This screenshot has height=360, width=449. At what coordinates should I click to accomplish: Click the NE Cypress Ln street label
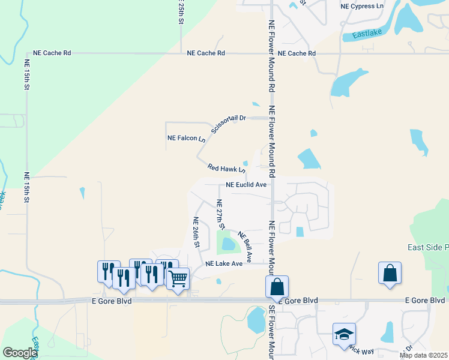pyautogui.click(x=361, y=6)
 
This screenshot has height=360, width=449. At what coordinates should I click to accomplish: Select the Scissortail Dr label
pyautogui.click(x=229, y=124)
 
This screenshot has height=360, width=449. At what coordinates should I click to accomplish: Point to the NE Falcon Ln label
pyautogui.click(x=186, y=138)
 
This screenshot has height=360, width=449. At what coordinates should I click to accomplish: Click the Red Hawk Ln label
pyautogui.click(x=226, y=169)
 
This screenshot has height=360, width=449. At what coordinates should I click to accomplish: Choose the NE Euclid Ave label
pyautogui.click(x=246, y=185)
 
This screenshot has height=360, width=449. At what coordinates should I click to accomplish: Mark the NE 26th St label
pyautogui.click(x=196, y=233)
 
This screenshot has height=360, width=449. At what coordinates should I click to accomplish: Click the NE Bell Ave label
pyautogui.click(x=244, y=247)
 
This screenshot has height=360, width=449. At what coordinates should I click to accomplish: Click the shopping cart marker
pyautogui.click(x=178, y=279)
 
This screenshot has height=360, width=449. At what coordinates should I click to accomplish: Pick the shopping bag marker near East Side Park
pyautogui.click(x=390, y=273)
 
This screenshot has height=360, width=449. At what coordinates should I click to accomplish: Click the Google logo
pyautogui.click(x=20, y=353)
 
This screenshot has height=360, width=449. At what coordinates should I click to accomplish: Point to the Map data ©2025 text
pyautogui.click(x=423, y=355)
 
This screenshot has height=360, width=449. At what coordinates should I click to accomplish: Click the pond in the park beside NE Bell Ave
pyautogui.click(x=228, y=244)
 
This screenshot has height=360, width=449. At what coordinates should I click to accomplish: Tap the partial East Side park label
pyautogui.click(x=427, y=247)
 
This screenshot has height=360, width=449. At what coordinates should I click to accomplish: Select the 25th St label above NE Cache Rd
pyautogui.click(x=181, y=12)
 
